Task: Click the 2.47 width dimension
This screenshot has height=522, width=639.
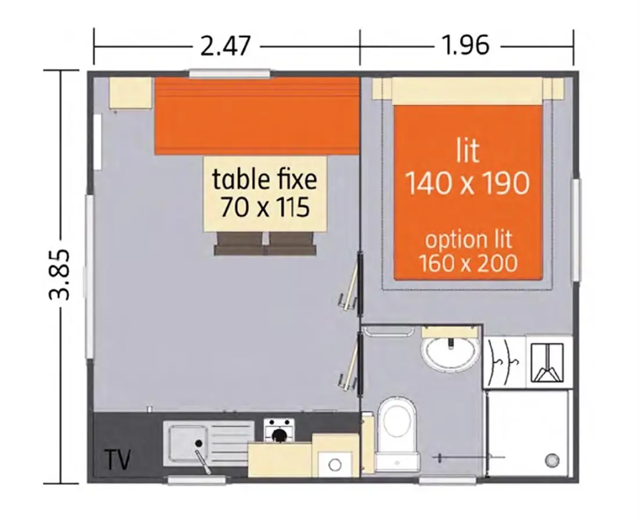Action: [225, 46]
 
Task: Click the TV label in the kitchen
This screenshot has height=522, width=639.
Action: [118, 460]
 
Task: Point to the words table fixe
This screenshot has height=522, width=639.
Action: [264, 179]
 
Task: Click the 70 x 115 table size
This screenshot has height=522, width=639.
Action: [265, 207]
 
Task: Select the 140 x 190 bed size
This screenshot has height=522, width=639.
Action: [468, 183]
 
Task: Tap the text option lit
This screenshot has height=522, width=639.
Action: [468, 239]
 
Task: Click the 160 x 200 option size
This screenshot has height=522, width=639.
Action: [468, 263]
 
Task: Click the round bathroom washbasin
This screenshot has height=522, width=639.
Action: [450, 352]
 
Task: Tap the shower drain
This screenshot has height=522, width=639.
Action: [551, 460]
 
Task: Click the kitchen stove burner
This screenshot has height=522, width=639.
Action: [279, 435]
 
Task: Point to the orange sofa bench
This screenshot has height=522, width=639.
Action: [257, 116]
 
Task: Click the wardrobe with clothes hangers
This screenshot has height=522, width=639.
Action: [504, 361]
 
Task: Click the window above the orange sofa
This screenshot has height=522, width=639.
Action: [230, 73]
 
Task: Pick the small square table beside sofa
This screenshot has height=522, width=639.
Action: [130, 92]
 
